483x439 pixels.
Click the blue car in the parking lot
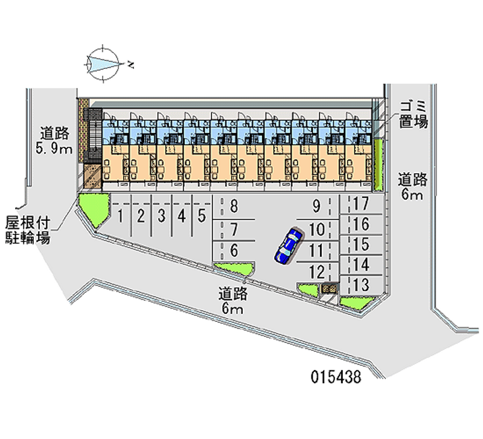click(x=289, y=245)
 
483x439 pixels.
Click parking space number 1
click(x=121, y=214)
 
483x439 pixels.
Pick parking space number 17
click(x=362, y=204)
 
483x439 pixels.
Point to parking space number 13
click(x=362, y=284)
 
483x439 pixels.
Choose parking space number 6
click(x=233, y=250)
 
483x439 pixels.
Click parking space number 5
click(x=202, y=214)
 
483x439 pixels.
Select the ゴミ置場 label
click(x=413, y=114)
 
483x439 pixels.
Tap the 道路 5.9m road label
click(x=55, y=141)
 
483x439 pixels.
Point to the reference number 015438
click(x=336, y=379)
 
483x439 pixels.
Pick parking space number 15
click(x=362, y=245)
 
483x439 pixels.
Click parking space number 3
click(x=161, y=214)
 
